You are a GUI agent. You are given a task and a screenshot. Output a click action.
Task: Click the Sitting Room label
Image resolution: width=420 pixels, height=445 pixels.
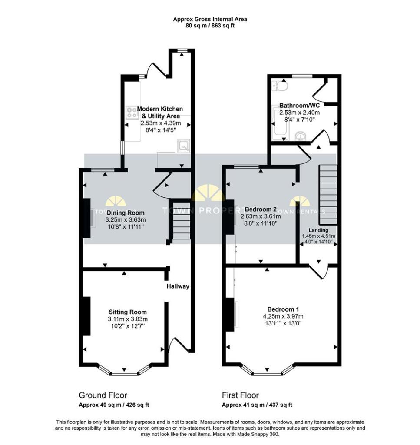128,312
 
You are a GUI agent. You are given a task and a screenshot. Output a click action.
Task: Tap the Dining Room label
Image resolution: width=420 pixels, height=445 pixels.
126,213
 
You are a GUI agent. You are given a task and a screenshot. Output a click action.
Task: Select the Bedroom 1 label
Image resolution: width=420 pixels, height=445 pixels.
283,309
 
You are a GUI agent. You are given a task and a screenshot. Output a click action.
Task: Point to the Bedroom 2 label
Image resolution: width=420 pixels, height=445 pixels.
261,209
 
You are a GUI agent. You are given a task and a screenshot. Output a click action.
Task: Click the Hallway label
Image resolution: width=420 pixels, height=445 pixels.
178,286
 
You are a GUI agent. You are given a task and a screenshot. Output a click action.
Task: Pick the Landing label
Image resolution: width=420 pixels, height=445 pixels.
318,230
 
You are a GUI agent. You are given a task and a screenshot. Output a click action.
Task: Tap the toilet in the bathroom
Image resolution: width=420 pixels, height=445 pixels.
280,85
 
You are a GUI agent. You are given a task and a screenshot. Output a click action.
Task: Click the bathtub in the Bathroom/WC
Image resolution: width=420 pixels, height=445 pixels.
281,124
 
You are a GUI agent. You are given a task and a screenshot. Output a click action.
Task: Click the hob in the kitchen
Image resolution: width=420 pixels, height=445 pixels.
132,112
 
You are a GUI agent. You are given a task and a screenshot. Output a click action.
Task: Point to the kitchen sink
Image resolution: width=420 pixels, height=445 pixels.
183,146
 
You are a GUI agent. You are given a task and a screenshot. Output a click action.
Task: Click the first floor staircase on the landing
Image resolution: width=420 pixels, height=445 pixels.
328,195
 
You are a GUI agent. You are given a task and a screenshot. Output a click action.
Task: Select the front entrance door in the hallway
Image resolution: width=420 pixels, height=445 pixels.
178,345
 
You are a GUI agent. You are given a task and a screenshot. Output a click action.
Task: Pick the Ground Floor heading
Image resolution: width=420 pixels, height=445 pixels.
103,395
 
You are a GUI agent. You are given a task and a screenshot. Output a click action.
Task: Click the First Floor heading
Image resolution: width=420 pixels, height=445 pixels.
240,395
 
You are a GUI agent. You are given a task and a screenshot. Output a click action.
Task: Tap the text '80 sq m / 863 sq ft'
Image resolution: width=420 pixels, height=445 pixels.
210,26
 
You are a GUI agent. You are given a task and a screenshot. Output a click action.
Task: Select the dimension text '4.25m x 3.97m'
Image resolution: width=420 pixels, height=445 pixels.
283,316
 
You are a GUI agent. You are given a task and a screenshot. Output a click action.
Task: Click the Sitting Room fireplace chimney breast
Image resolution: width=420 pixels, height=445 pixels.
86,316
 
